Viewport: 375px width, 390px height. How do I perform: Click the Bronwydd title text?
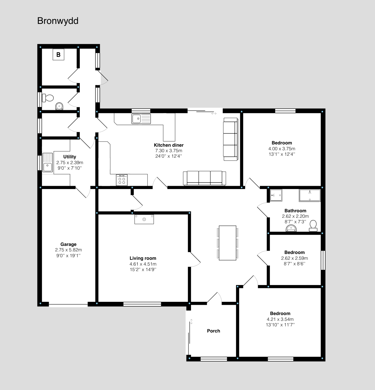pos(58,21)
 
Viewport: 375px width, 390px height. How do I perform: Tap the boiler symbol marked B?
pos(59,55)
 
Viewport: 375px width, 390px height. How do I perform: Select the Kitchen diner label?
pos(169,145)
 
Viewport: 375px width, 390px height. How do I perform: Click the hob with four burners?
pos(122,180)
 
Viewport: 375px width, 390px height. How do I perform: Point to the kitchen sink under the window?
pos(141,119)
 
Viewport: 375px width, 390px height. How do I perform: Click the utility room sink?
pos(48,163)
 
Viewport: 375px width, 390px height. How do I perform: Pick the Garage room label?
pos(69,244)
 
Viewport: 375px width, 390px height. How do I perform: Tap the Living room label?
pos(143,258)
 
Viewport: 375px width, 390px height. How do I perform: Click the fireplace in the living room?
pos(144,219)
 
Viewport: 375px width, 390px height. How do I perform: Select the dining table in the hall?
pos(227,243)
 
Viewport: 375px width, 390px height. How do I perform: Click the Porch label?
pos(213,331)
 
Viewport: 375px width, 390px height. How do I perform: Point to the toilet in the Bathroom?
pos(313,226)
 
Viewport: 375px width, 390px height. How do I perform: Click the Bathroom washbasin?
pos(291,228)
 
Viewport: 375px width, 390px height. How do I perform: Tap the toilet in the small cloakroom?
pos(48,98)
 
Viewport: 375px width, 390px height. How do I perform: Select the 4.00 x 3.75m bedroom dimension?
pos(282,149)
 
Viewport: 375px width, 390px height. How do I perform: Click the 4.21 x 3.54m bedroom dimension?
pos(280,319)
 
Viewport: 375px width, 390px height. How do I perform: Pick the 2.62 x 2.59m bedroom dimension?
pos(295,258)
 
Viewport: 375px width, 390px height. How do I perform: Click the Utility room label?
pos(70,157)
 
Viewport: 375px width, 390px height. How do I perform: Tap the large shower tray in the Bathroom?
pos(310,195)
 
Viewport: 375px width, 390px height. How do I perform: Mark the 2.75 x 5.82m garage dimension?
pos(69,250)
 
